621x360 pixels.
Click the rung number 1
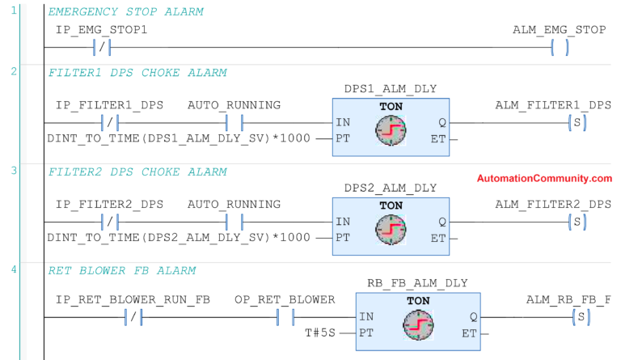(x=13, y=11)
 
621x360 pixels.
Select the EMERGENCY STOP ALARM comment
(x=125, y=12)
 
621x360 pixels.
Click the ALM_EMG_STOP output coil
(x=559, y=48)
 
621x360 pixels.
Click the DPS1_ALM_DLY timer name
(x=390, y=88)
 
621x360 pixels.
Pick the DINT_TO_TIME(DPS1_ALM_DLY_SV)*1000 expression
(x=178, y=138)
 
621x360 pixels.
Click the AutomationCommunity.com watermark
(x=544, y=179)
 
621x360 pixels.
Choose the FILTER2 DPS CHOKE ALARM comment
(x=137, y=172)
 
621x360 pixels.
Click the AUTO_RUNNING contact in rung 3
(x=234, y=221)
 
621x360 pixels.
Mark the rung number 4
(x=13, y=269)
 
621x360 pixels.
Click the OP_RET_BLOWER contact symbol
(x=285, y=317)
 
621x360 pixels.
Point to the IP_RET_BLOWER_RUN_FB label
(x=133, y=299)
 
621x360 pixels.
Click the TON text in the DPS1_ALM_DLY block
(x=391, y=105)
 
